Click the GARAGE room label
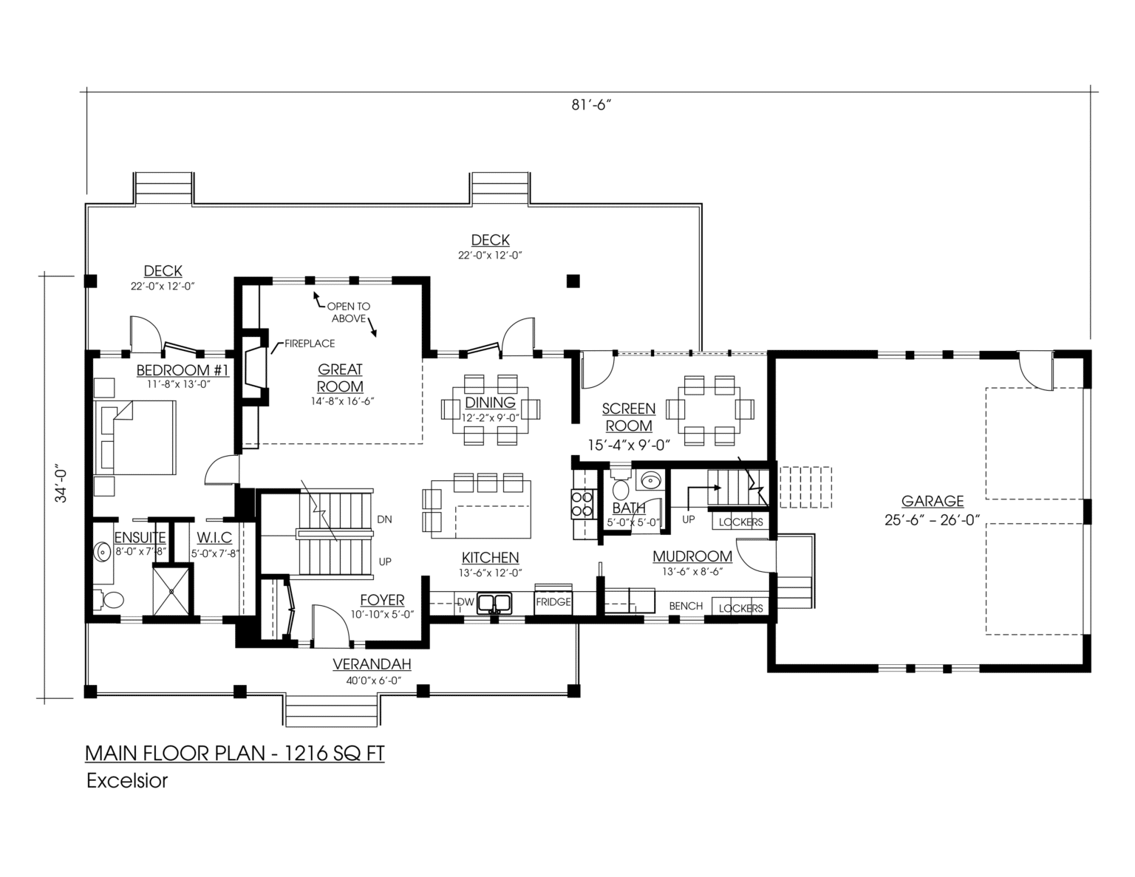point(933,501)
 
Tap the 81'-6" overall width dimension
point(590,106)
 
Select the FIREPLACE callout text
point(310,344)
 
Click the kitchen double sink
point(494,604)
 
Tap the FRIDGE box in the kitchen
point(553,602)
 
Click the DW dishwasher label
point(466,602)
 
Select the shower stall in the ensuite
point(171,591)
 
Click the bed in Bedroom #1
point(134,437)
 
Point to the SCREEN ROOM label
point(628,417)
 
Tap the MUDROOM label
point(692,556)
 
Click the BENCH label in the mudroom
point(686,606)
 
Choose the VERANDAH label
point(372,664)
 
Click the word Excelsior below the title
point(127,781)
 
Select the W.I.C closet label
point(214,538)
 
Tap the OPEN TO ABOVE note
point(348,313)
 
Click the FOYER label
point(382,601)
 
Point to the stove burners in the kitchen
point(584,503)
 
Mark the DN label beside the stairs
point(384,519)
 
